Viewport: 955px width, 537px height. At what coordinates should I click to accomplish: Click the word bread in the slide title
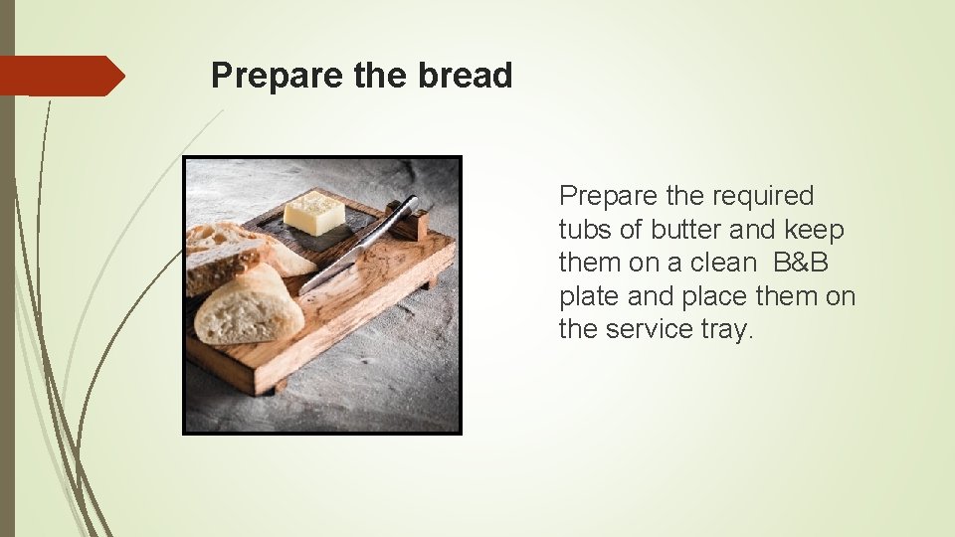465,76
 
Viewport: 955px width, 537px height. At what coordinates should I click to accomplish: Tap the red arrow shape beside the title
61,76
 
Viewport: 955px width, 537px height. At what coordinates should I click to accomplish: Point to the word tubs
585,230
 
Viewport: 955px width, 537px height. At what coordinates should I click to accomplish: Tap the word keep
813,230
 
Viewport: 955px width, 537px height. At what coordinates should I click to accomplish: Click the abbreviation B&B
801,264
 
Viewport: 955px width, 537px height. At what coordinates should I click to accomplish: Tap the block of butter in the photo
313,212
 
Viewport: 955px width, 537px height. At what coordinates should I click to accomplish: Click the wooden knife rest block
415,225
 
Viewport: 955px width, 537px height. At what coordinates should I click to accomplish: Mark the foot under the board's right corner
429,282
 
